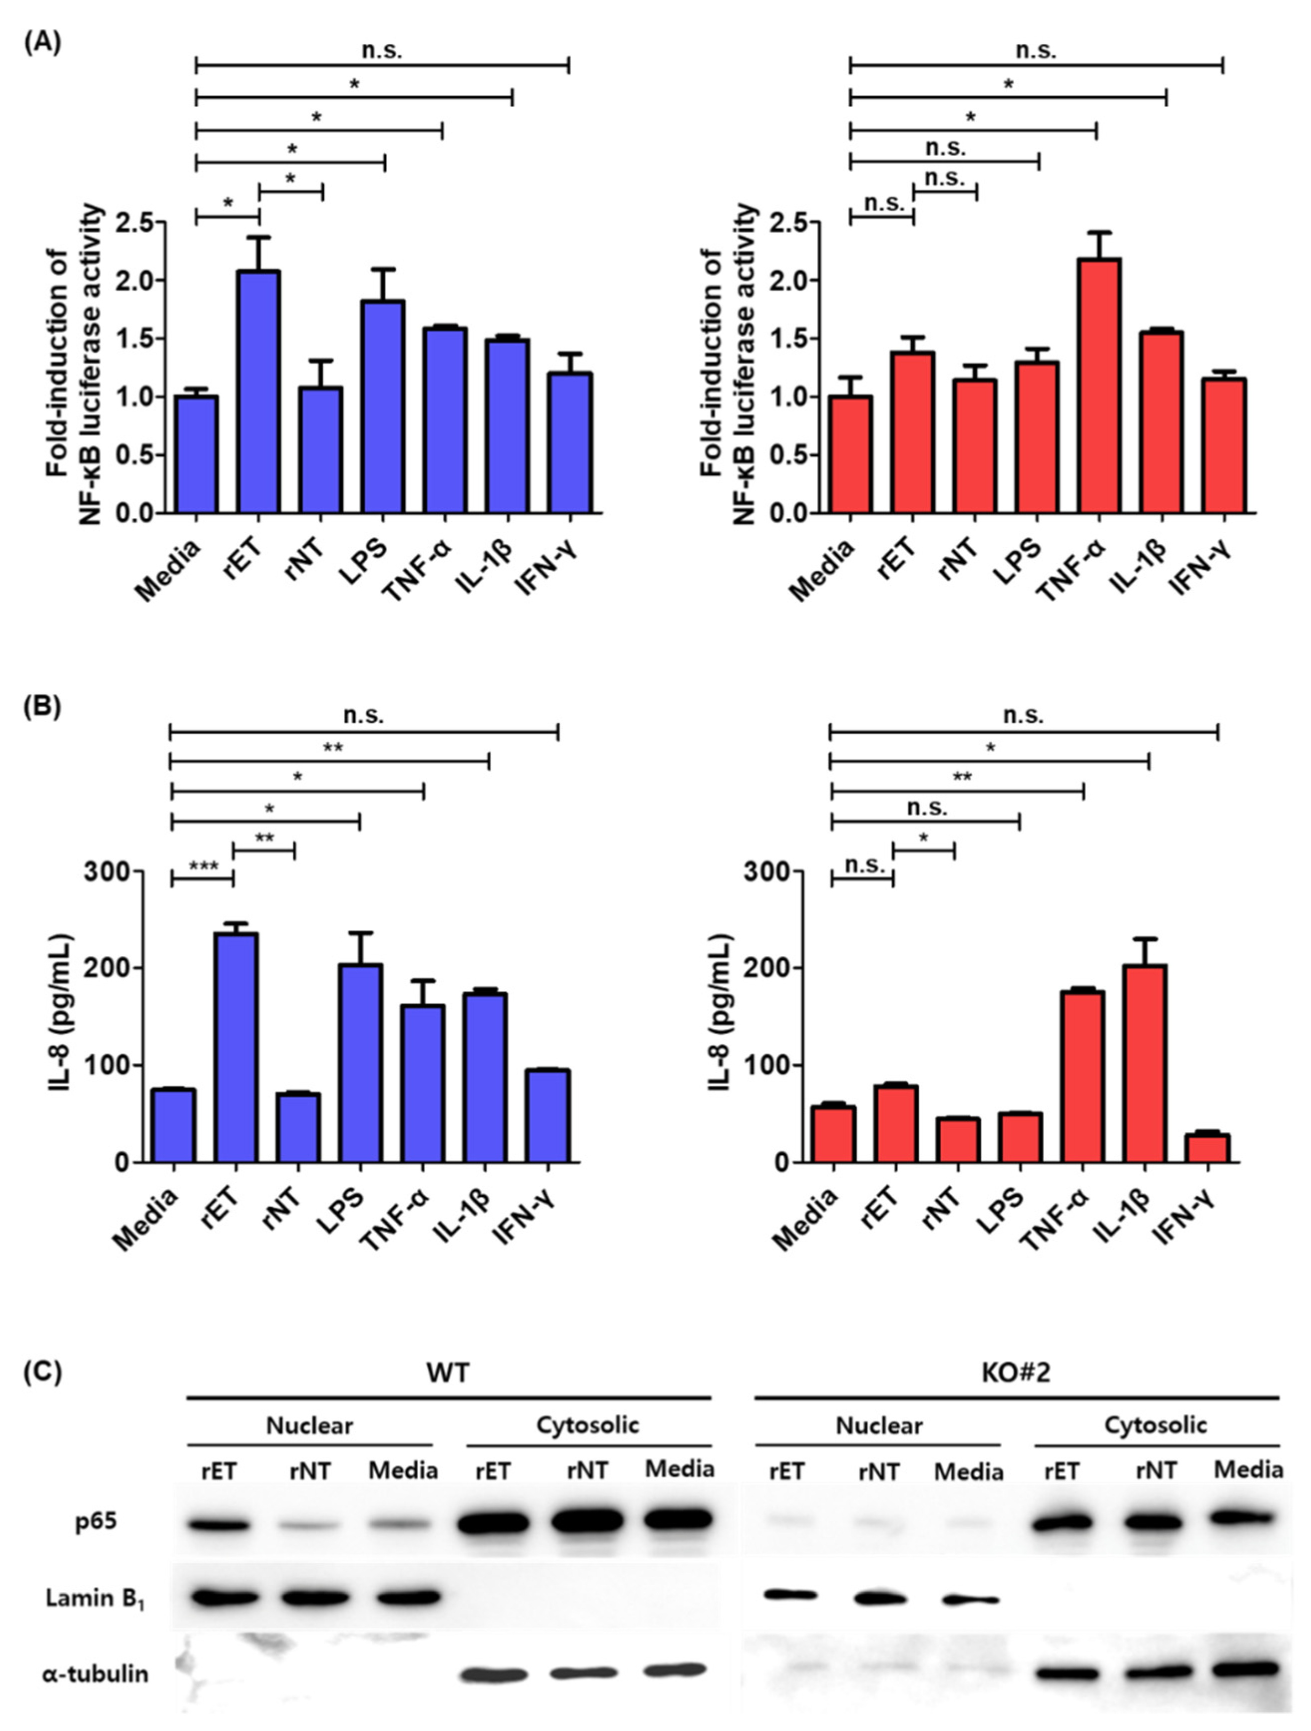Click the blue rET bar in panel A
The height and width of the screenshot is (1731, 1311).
point(259,391)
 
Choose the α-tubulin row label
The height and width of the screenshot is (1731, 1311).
point(95,1674)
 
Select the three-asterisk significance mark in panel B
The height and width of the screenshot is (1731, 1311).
point(203,867)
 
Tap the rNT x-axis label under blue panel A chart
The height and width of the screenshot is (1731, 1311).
point(304,556)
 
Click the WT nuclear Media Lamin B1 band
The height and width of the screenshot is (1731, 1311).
point(403,1597)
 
